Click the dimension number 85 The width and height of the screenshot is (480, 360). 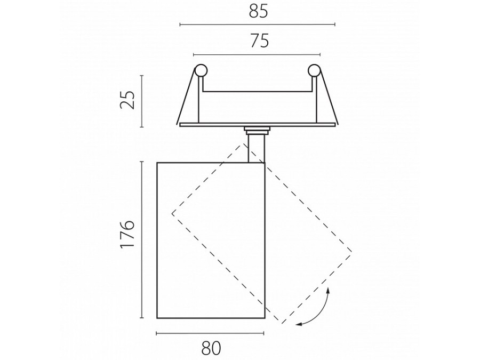point(258,12)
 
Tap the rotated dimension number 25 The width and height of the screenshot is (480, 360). point(127,100)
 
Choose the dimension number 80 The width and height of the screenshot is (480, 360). point(211,348)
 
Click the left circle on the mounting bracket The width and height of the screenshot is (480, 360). point(201,70)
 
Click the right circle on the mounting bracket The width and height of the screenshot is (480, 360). point(314,70)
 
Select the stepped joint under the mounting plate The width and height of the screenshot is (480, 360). point(257,131)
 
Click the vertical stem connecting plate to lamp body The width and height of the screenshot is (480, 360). point(257,149)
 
